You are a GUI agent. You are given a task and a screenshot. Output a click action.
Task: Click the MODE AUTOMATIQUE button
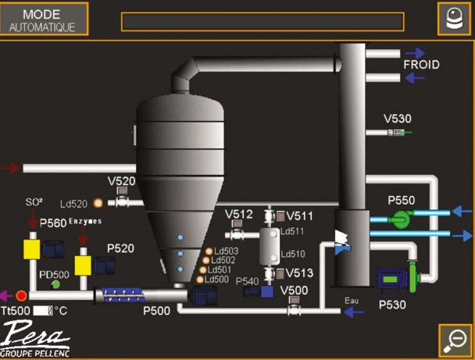click(x=43, y=20)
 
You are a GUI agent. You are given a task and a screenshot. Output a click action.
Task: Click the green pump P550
click(x=402, y=218)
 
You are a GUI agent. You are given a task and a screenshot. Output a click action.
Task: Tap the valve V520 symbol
click(x=122, y=201)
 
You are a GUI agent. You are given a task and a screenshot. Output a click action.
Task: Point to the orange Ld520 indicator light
click(x=98, y=204)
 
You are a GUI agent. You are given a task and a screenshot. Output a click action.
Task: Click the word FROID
click(x=421, y=65)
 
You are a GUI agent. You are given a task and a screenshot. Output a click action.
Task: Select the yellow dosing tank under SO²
click(x=32, y=250)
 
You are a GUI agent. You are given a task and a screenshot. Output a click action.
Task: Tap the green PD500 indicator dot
click(x=55, y=284)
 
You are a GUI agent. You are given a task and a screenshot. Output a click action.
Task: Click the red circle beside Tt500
click(x=21, y=296)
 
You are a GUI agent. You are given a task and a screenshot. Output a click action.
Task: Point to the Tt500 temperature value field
click(x=43, y=311)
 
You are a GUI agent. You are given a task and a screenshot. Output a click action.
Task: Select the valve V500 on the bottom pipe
click(x=295, y=309)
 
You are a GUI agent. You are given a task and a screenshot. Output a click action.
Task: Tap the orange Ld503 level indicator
click(x=208, y=251)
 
